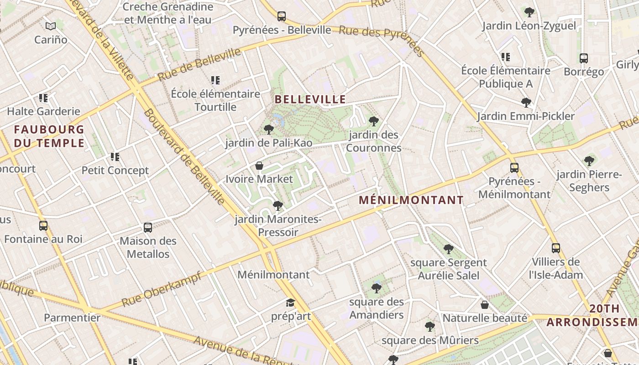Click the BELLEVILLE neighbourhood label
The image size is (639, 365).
pos(310,99)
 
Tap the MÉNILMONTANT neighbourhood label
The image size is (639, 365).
pos(411,200)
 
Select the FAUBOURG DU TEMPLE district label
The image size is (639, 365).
pos(49,136)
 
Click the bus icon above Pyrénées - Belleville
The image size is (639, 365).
pos(282,16)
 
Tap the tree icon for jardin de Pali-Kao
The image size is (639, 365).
pos(269,130)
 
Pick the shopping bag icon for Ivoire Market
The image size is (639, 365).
pos(259,166)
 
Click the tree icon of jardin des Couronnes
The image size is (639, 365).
pos(374,121)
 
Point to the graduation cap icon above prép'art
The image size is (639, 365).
pos(290,303)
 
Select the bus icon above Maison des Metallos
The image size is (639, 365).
pos(148,228)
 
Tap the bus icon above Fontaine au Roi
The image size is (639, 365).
pos(43,226)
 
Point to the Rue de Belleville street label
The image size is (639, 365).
pos(199,64)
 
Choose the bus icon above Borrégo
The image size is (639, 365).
pos(584,58)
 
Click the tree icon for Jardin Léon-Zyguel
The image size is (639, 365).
pos(529,12)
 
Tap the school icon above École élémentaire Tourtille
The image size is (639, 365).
pos(215,81)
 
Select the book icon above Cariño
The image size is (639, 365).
pos(51,26)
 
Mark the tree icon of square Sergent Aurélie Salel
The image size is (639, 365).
pos(449,249)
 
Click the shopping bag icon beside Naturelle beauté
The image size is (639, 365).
pos(485,305)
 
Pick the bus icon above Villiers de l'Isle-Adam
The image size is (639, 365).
pos(556,248)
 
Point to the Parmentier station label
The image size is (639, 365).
pos(72,318)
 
